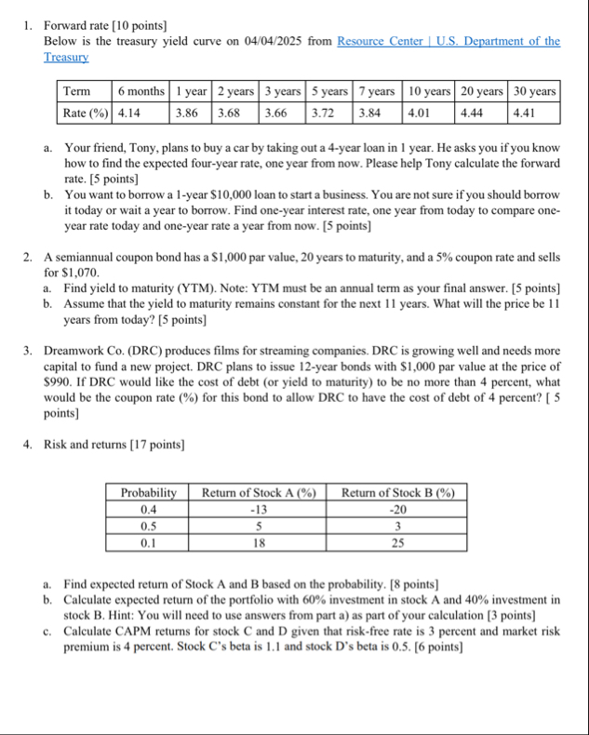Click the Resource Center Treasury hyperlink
(x=448, y=41)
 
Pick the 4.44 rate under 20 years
(x=475, y=113)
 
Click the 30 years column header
(x=534, y=91)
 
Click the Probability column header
(x=148, y=492)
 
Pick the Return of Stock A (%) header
(x=259, y=492)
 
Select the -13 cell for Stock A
(x=259, y=509)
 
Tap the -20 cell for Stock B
(x=398, y=509)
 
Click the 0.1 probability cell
(x=148, y=542)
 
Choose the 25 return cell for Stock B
(x=398, y=542)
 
